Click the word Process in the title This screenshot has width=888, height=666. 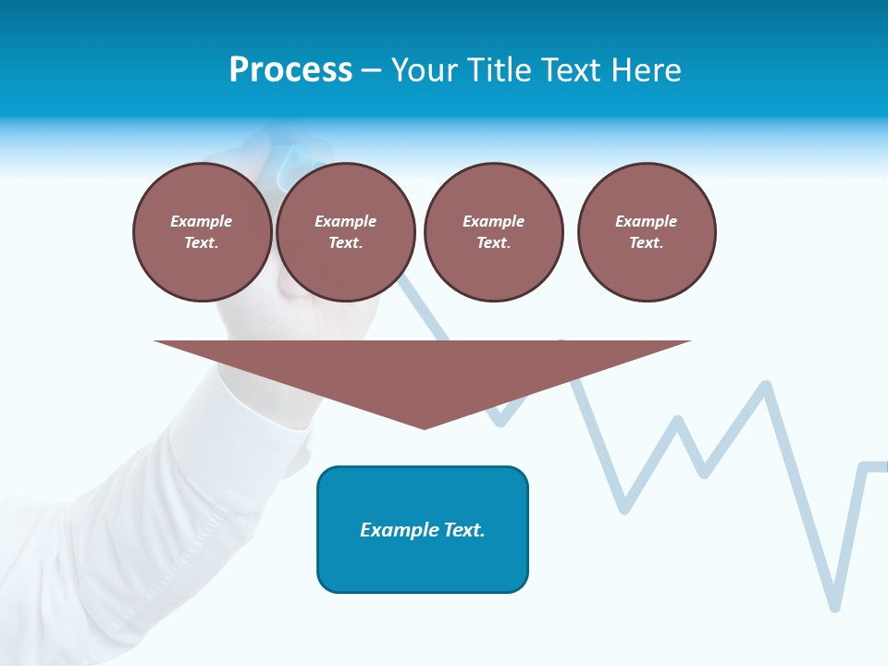(290, 70)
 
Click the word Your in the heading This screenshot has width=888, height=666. (425, 70)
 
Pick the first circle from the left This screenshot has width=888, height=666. (202, 232)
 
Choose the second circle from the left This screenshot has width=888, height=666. (345, 232)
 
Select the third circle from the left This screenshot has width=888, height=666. (493, 232)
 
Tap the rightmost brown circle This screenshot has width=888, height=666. (646, 232)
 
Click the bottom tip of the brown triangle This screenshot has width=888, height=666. (424, 426)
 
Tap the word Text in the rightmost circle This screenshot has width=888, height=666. (646, 243)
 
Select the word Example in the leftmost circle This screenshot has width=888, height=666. (202, 221)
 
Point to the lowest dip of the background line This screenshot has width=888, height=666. (835, 606)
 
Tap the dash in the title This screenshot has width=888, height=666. (372, 71)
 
